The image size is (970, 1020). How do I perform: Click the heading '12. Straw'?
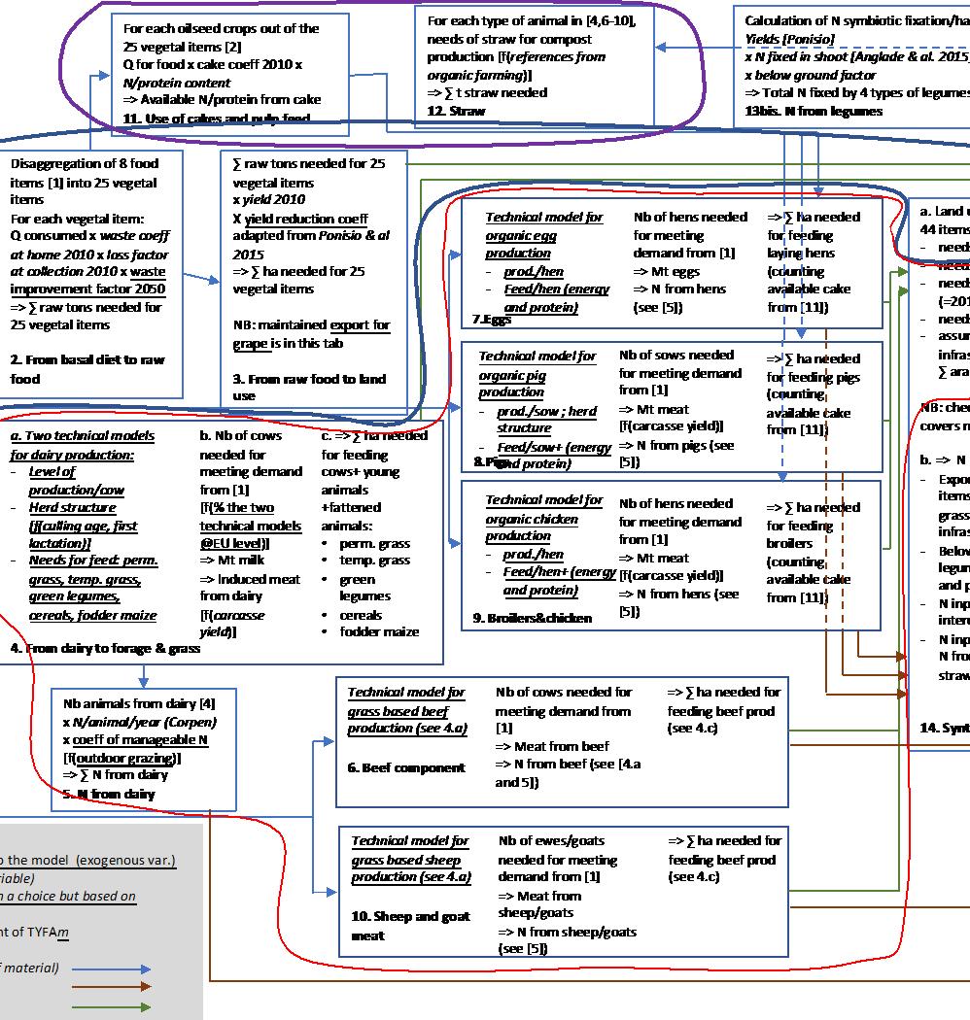[456, 112]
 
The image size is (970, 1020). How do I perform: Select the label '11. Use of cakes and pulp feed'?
[216, 118]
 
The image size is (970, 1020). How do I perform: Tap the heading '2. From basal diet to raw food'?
[87, 369]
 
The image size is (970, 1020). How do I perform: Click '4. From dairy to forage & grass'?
[105, 648]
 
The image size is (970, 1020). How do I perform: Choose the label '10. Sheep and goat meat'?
[409, 925]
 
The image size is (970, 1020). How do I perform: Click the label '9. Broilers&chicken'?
[532, 618]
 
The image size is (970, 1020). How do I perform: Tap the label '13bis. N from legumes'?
[814, 112]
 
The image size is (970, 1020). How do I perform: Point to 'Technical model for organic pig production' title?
[537, 374]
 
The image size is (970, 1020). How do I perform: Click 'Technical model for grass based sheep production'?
[409, 859]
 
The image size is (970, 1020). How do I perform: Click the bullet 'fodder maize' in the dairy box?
[379, 631]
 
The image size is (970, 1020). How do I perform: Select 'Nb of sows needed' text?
[676, 356]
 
